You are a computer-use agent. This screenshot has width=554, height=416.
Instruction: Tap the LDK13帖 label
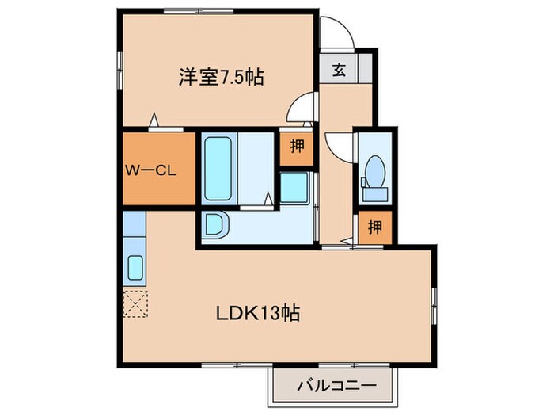[x=258, y=313]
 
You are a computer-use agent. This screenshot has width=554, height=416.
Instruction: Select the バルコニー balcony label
[x=333, y=386]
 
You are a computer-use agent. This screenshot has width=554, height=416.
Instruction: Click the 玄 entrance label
[x=339, y=70]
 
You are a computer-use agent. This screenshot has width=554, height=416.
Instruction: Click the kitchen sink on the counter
[x=135, y=269]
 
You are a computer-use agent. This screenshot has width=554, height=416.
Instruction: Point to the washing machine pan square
[x=296, y=187]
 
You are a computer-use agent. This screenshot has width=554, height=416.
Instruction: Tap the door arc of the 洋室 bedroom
[x=300, y=109]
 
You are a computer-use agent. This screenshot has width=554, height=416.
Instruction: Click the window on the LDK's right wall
[x=434, y=305]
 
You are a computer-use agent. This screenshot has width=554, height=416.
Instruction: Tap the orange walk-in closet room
[x=157, y=169]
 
